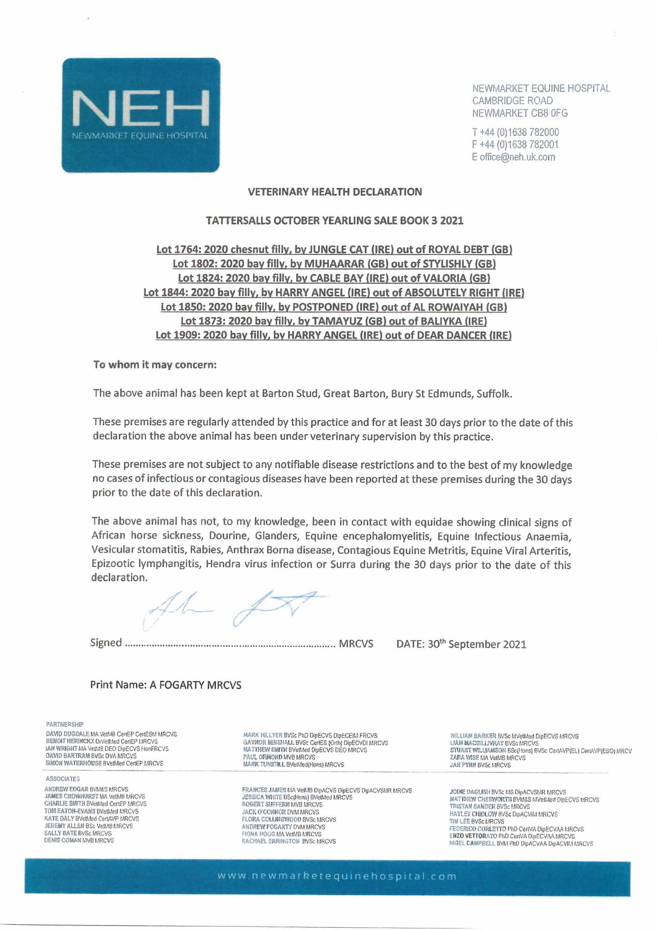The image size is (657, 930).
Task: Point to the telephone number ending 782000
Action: click(515, 132)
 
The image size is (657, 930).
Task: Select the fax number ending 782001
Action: click(515, 145)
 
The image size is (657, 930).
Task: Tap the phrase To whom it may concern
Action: click(155, 365)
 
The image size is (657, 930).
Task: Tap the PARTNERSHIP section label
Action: click(65, 724)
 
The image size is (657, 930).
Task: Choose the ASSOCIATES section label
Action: click(63, 779)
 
